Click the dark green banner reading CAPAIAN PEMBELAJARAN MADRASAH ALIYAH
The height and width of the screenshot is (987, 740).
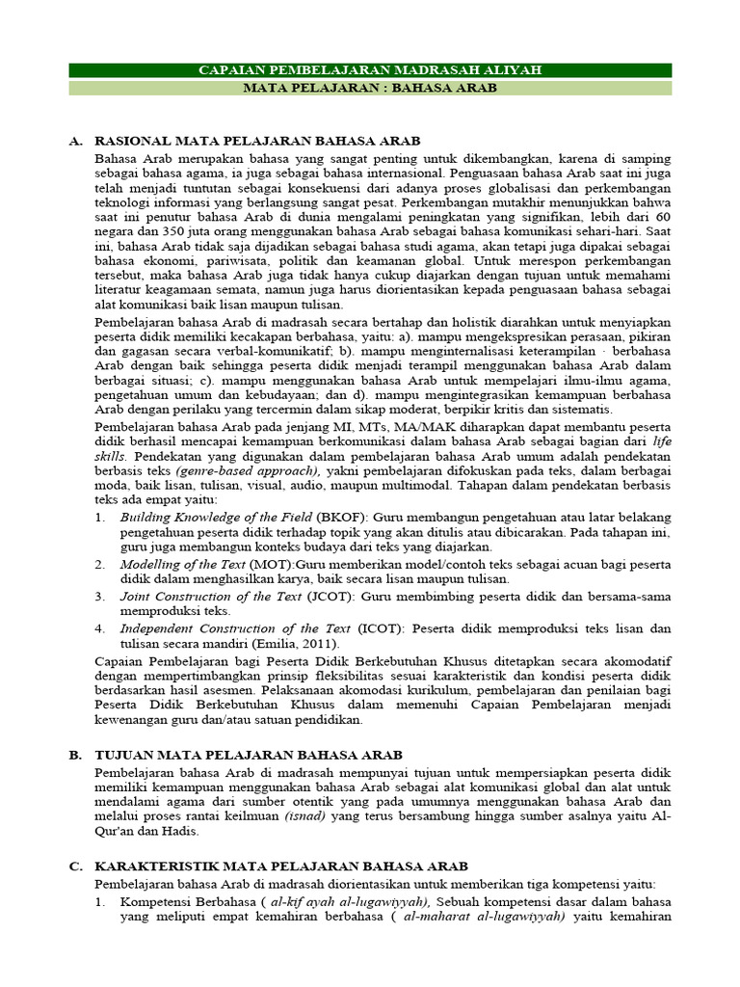pos(370,70)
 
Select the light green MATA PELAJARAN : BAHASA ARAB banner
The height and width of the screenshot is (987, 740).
pos(370,88)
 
